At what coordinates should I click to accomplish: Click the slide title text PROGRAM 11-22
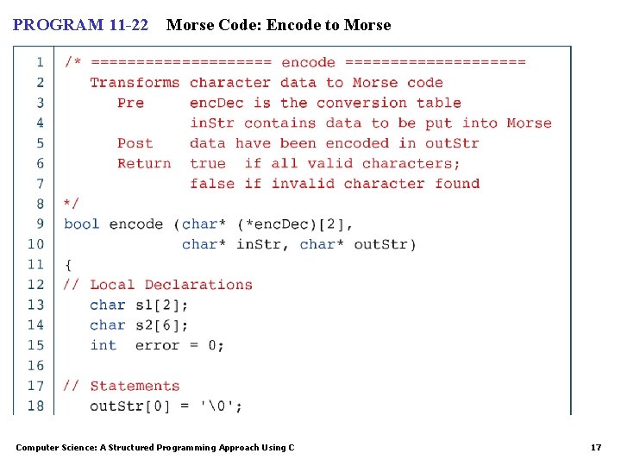(x=80, y=25)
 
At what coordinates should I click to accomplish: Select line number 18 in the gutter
(x=35, y=406)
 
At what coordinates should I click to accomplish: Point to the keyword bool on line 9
(x=82, y=224)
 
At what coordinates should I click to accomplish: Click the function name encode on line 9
(x=136, y=224)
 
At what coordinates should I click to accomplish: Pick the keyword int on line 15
(x=103, y=345)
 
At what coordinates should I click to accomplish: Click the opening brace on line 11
(x=68, y=264)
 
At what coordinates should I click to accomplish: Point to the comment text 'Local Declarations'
(x=171, y=285)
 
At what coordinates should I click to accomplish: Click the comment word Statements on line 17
(x=135, y=386)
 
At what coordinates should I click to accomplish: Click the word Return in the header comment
(x=144, y=163)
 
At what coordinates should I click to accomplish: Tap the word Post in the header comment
(x=135, y=143)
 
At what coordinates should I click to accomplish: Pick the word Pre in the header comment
(x=131, y=103)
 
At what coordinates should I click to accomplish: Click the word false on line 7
(x=212, y=183)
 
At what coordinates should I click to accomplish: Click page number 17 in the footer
(x=595, y=447)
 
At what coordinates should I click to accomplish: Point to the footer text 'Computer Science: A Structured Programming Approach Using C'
(x=155, y=447)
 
